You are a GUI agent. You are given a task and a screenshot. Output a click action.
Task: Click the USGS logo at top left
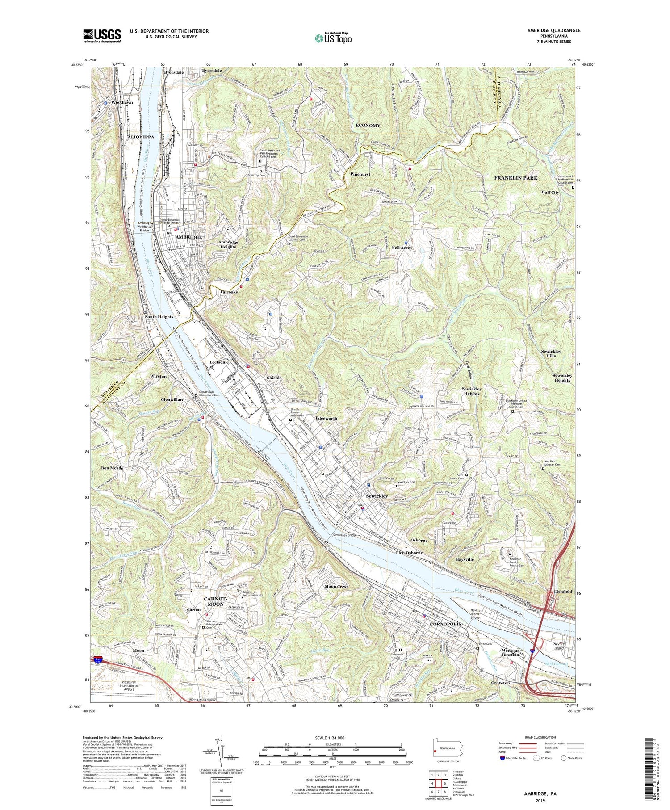[102, 36]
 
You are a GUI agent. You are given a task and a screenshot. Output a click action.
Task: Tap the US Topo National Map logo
[332, 38]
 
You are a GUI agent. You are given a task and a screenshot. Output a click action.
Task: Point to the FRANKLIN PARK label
[516, 178]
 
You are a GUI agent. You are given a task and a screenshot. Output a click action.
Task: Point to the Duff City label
[550, 192]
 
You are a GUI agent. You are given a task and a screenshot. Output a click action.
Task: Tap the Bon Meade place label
[112, 468]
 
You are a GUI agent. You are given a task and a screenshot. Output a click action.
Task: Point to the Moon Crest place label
[336, 586]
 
